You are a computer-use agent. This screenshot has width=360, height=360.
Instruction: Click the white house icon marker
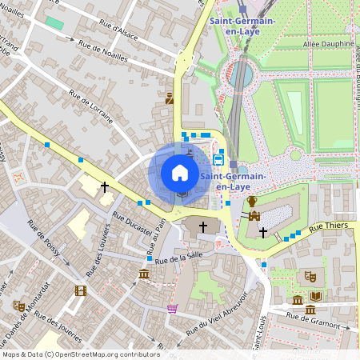(180, 173)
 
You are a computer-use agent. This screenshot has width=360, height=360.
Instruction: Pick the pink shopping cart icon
(172, 309)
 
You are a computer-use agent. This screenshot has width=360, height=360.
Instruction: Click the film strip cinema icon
(80, 290)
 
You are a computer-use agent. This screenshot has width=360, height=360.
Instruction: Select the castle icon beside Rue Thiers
(255, 216)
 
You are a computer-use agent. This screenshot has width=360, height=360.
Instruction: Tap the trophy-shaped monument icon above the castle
(251, 200)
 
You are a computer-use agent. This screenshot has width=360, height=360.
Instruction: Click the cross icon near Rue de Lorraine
(104, 186)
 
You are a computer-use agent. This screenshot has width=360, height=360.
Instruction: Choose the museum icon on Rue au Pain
(144, 274)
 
